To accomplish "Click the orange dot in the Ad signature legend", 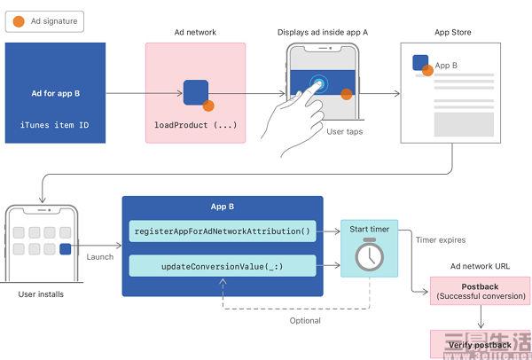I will (x=19, y=20).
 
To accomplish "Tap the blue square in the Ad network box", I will (x=196, y=91).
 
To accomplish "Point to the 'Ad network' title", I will (x=195, y=33).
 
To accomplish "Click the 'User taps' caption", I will (x=344, y=131).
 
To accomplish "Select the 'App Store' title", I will (x=453, y=33).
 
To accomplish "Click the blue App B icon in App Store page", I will (x=420, y=64).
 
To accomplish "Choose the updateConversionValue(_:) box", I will (x=222, y=264).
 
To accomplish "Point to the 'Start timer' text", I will (x=369, y=230).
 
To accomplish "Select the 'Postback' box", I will (x=480, y=290).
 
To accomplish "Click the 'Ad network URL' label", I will (x=480, y=265).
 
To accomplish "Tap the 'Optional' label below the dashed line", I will (x=306, y=319).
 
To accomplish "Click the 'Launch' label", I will (x=99, y=256).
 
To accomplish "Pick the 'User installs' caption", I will (x=41, y=293).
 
